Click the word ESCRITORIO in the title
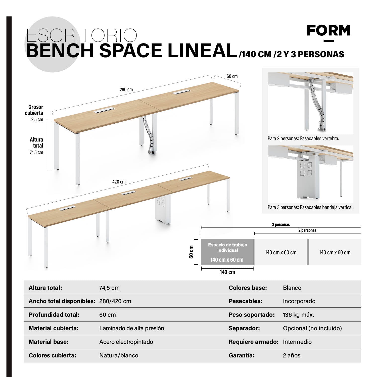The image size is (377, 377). tap(82, 36)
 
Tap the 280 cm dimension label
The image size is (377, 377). tap(126, 89)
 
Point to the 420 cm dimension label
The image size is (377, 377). tap(119, 182)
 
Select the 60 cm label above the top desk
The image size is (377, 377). tap(232, 76)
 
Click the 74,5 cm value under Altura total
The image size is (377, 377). tap(36, 152)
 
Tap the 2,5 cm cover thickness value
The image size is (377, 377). tap(37, 120)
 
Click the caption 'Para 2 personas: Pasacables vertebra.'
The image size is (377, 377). tap(303, 138)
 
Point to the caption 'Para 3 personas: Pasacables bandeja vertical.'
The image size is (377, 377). tap(310, 207)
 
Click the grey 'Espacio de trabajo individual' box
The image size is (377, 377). tap(227, 252)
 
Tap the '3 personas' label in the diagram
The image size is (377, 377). tap(281, 224)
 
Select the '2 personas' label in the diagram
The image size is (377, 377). tap(307, 230)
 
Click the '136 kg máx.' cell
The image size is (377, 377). tap(298, 315)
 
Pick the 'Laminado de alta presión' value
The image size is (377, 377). tap(131, 328)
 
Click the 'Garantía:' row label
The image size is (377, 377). tap(242, 355)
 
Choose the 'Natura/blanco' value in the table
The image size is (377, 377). tap(119, 355)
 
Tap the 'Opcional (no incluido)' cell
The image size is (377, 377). tap(312, 328)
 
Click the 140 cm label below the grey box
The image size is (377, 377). tap(227, 272)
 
